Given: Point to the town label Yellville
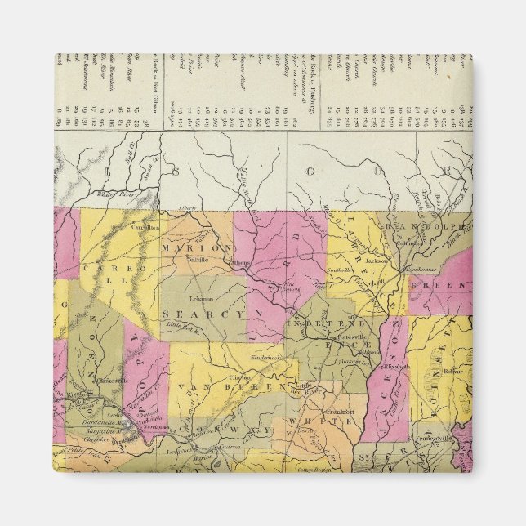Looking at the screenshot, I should (x=195, y=259).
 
